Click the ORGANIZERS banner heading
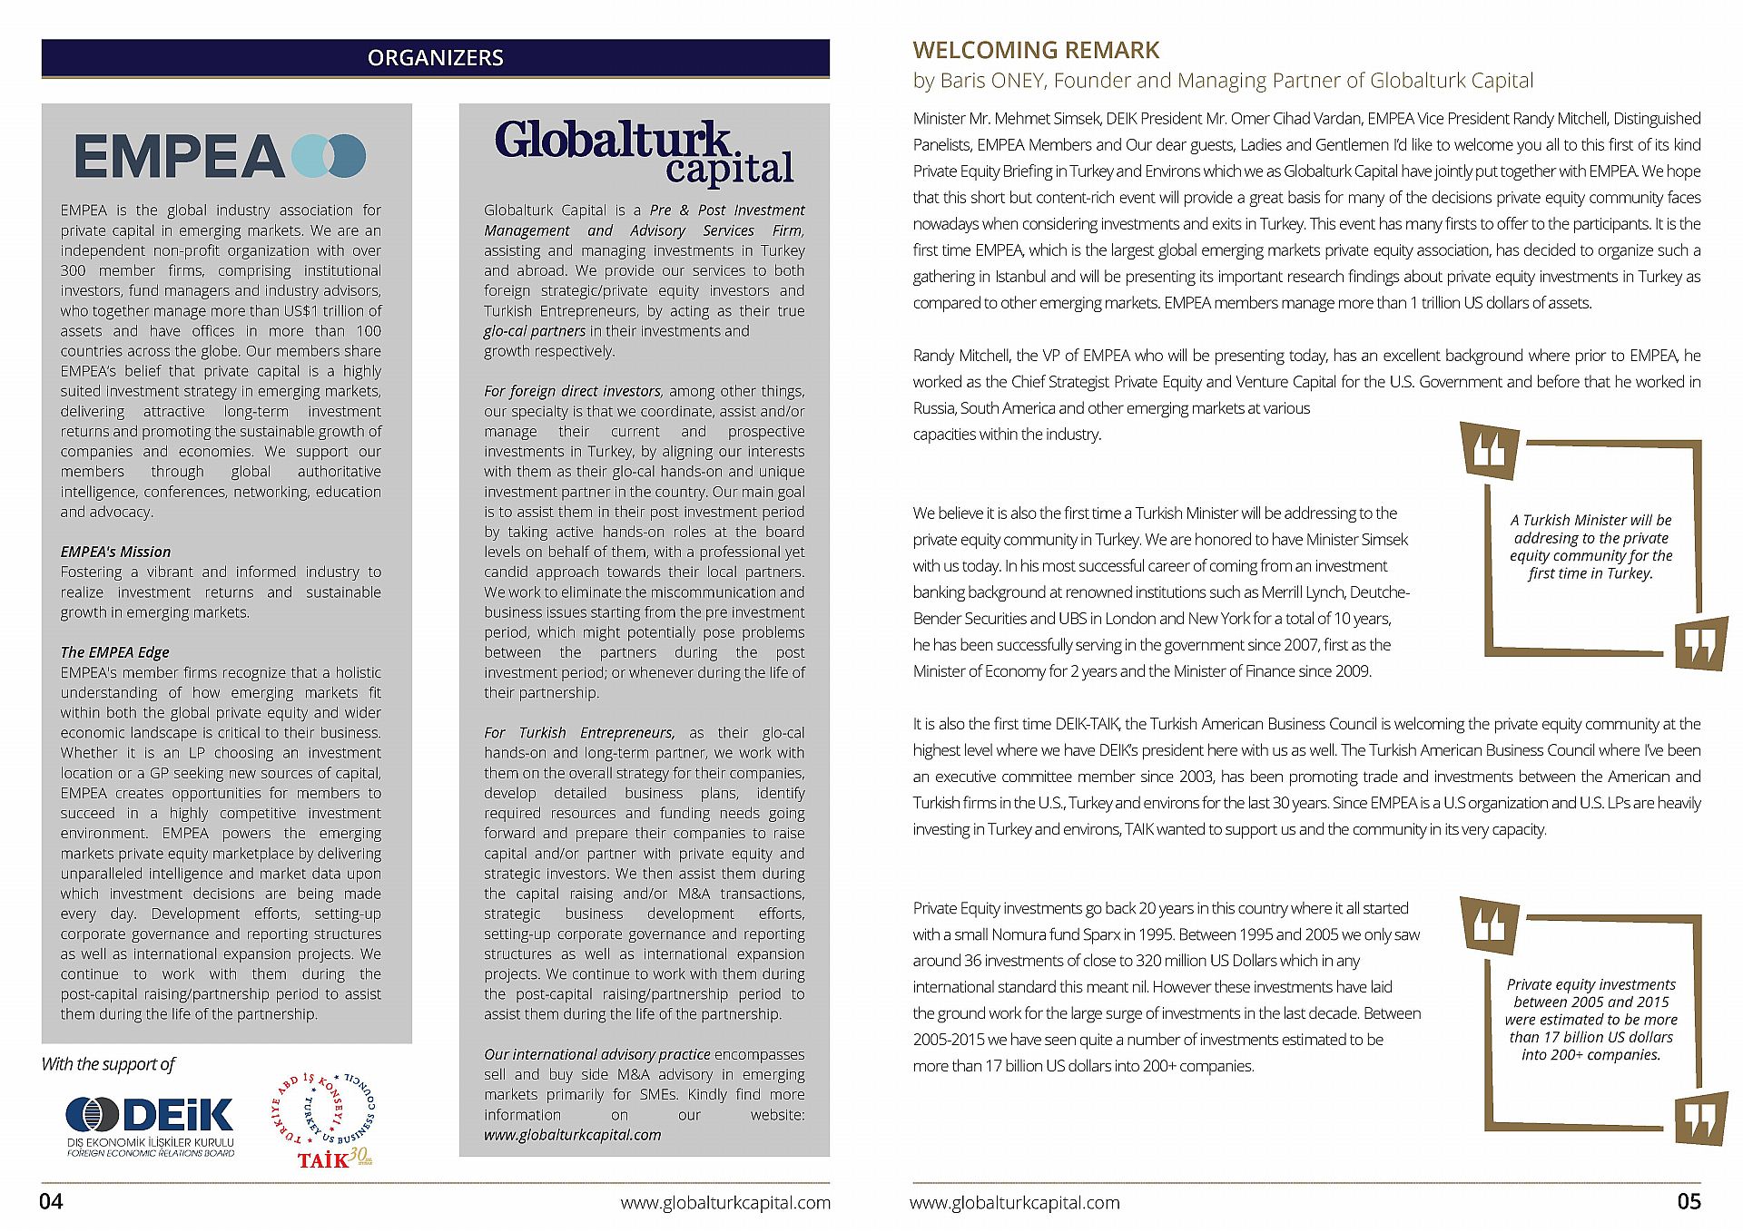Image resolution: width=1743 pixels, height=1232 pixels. click(435, 58)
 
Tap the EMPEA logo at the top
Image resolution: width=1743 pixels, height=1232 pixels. click(221, 156)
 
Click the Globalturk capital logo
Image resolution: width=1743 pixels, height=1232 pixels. click(644, 152)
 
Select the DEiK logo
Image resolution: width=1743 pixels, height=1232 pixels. click(151, 1125)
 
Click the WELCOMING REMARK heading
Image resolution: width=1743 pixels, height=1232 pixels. click(1036, 50)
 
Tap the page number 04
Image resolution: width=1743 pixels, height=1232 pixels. click(51, 1201)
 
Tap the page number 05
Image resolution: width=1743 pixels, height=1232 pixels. click(1689, 1201)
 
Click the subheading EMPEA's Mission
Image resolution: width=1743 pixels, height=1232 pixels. click(115, 552)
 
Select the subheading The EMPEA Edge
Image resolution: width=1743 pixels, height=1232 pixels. click(114, 652)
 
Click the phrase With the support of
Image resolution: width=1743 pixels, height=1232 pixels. click(108, 1064)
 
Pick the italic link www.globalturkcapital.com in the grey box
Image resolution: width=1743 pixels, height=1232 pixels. click(572, 1135)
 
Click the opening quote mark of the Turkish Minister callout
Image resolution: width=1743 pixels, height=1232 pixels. click(1490, 451)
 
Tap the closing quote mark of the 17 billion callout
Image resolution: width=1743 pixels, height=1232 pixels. click(1700, 1119)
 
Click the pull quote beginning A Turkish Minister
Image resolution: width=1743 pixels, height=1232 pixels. click(1590, 546)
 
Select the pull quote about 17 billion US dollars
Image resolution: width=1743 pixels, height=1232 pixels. click(1590, 1019)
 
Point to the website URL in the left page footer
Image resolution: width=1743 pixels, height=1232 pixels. click(724, 1203)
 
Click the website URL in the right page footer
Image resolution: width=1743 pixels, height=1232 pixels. click(1015, 1203)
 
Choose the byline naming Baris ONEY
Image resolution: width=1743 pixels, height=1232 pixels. click(1223, 81)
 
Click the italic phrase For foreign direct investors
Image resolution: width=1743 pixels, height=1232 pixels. click(572, 391)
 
